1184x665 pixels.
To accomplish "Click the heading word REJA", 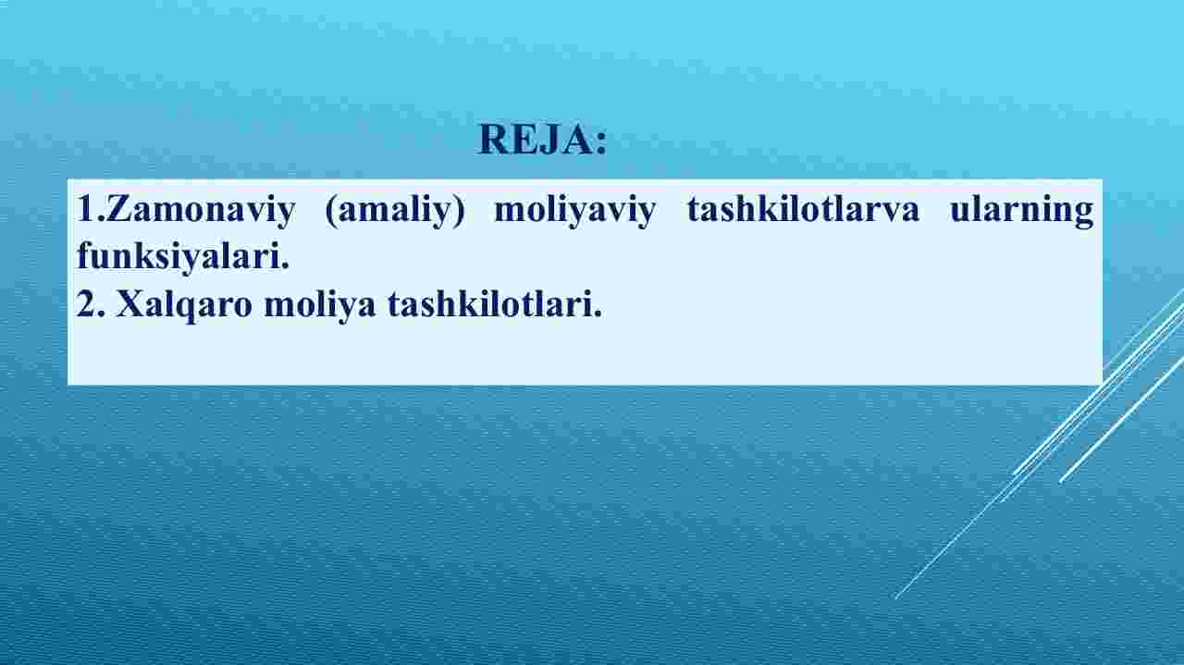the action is pos(535,140).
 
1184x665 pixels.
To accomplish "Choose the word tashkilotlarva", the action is pos(803,208).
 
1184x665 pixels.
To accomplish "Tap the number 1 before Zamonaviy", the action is pos(86,208).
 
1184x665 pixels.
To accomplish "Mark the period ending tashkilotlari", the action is pos(598,314).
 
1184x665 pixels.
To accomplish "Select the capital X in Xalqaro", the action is pos(130,304).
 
